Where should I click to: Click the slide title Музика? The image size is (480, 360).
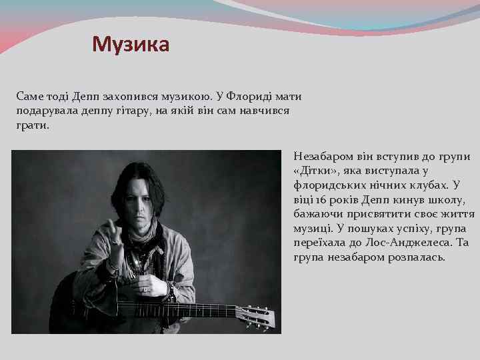[x=131, y=45]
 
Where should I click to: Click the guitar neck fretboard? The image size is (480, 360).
[x=193, y=310]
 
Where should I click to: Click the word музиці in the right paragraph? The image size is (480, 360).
[x=312, y=229]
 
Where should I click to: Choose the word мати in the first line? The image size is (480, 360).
[x=286, y=97]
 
